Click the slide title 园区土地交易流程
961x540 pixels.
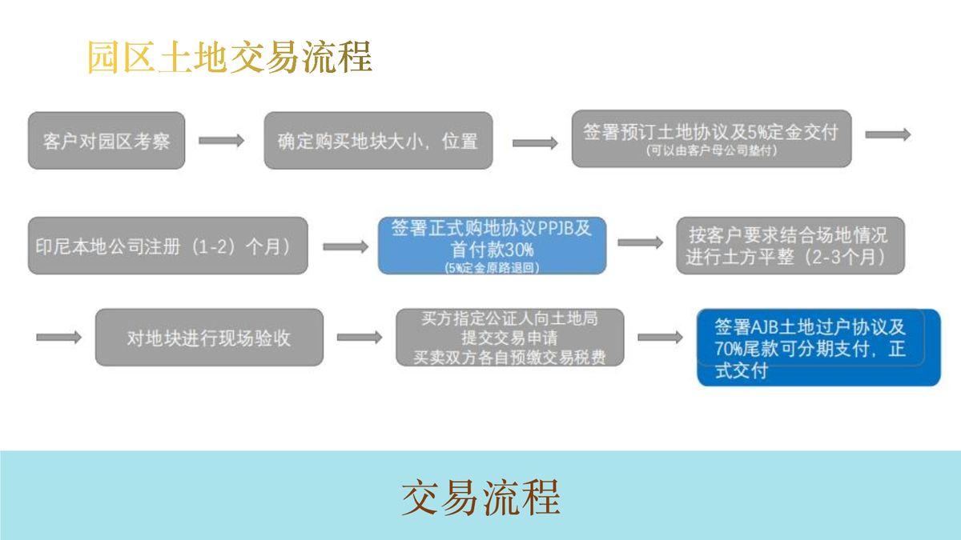coord(230,58)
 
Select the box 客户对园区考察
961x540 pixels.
coord(107,141)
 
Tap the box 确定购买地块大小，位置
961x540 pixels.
coord(378,141)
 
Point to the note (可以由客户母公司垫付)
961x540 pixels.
coord(711,150)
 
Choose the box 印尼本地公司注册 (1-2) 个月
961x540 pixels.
coord(167,246)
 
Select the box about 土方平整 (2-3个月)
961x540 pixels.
coord(790,246)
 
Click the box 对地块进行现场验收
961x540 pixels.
coord(209,338)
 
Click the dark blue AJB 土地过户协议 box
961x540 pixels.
coord(818,347)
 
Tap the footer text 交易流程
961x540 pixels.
coord(480,498)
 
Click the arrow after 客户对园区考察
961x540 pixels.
coord(221,141)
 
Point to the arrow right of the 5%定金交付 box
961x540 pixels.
coord(888,134)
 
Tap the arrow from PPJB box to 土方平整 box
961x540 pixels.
coord(640,242)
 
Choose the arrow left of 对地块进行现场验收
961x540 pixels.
coord(58,338)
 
